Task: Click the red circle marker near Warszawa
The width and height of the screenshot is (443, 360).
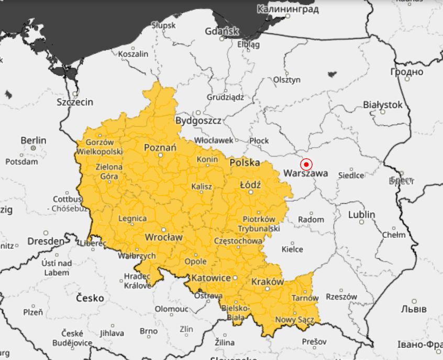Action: click(x=306, y=163)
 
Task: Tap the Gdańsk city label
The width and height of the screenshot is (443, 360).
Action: click(x=222, y=31)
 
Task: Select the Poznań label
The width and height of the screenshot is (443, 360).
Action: click(x=160, y=148)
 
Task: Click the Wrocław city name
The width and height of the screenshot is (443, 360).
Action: click(x=163, y=237)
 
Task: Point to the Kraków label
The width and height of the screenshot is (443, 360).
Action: click(x=267, y=282)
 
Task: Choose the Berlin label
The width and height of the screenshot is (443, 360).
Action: click(x=33, y=140)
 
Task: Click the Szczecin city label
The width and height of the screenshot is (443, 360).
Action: click(x=75, y=102)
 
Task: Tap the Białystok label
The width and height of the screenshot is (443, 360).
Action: click(x=383, y=105)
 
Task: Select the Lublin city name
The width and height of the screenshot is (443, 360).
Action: click(x=361, y=215)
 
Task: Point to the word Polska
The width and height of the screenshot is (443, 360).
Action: click(x=245, y=163)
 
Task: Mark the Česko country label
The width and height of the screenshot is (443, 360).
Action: click(x=90, y=298)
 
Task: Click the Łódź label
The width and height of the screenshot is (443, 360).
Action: click(x=250, y=184)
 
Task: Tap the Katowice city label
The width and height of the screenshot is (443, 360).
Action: click(x=211, y=278)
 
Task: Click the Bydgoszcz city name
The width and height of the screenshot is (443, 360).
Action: click(x=198, y=121)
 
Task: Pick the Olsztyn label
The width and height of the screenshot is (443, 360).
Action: click(x=287, y=80)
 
